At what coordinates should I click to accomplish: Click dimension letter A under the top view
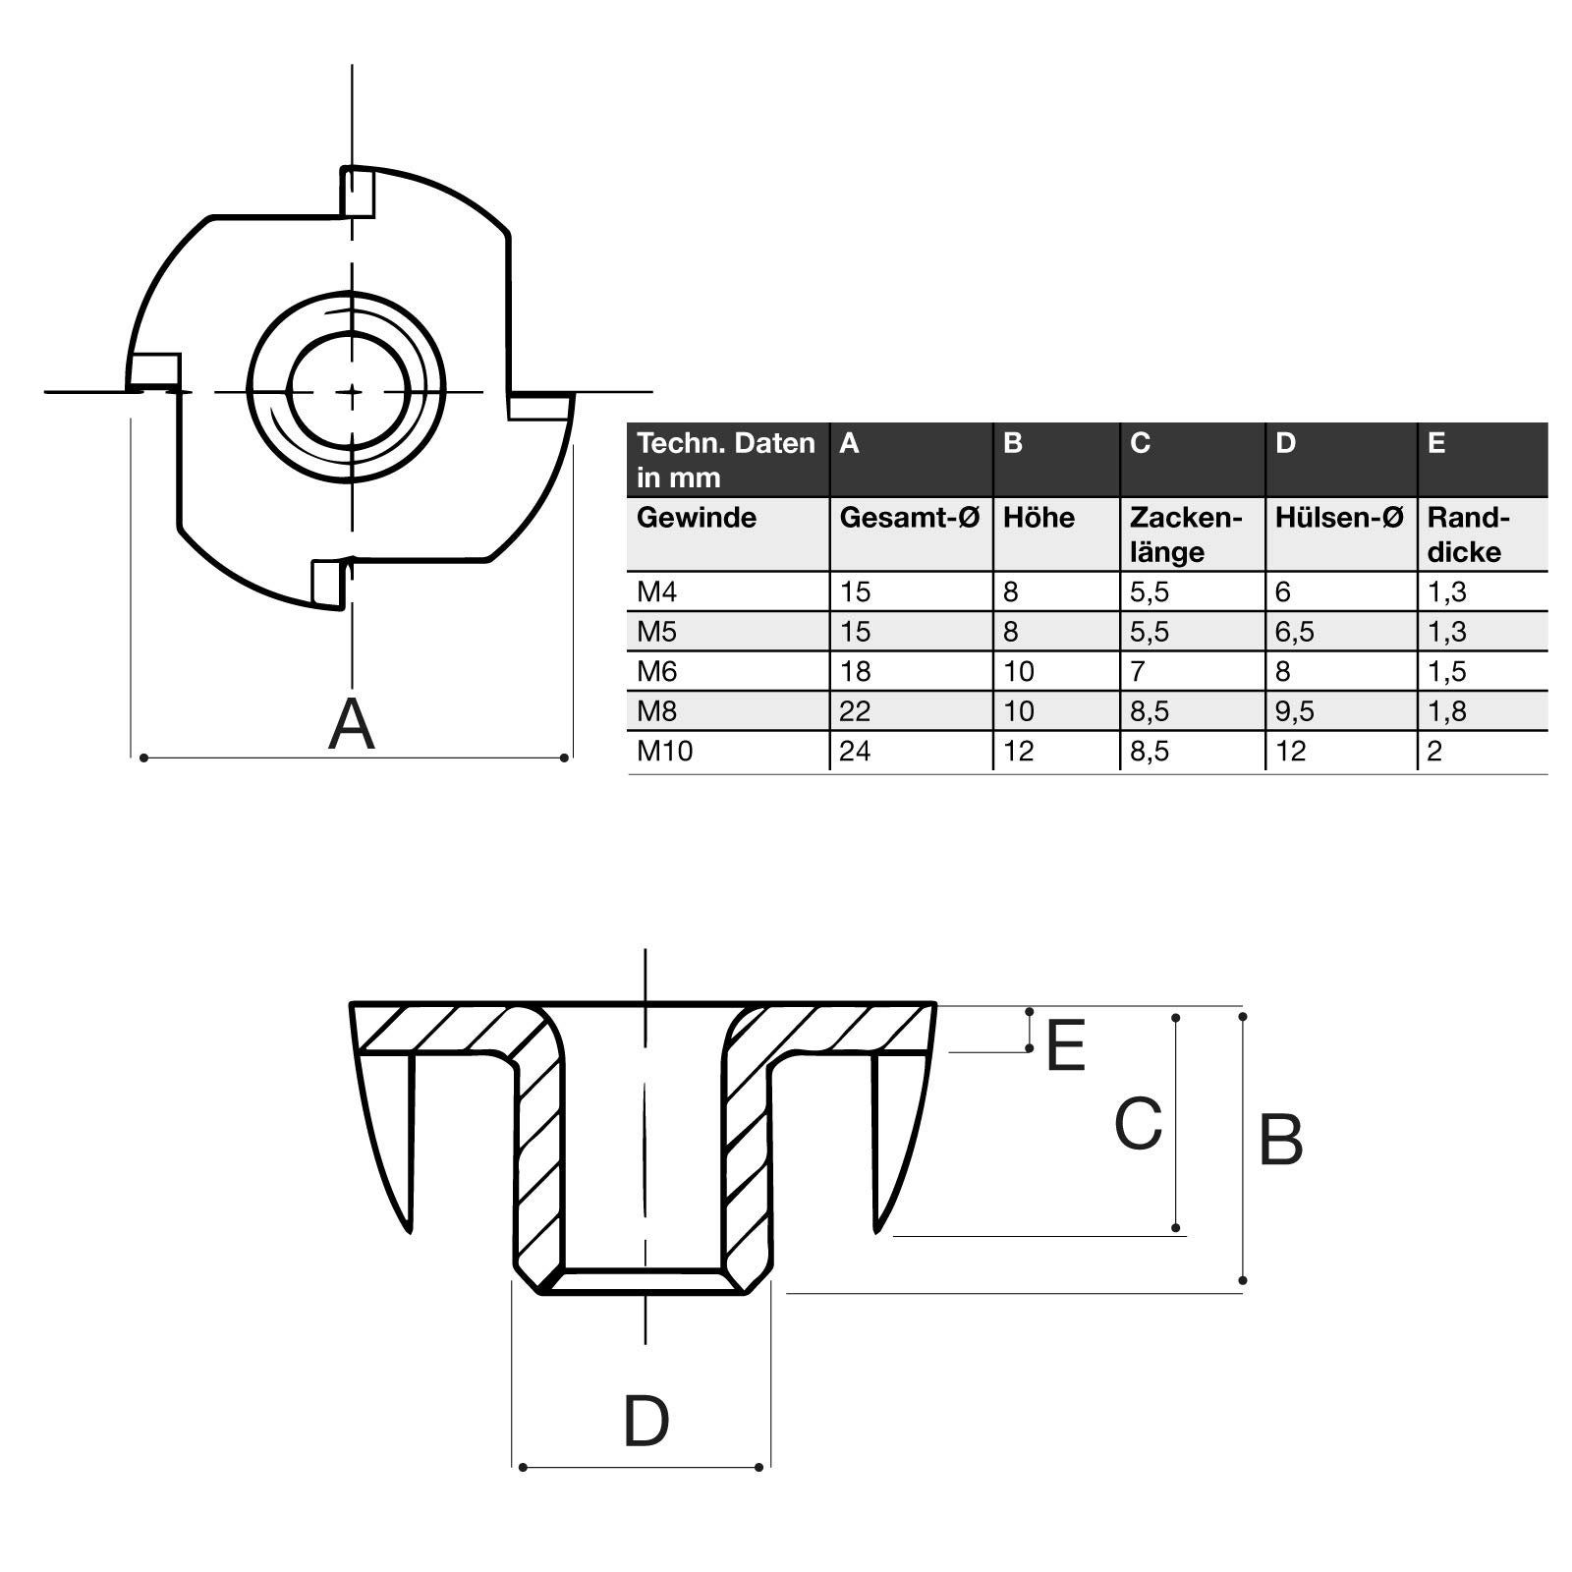tap(352, 724)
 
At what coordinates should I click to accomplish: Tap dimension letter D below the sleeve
tap(646, 1421)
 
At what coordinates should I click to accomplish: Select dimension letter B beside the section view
tap(1280, 1141)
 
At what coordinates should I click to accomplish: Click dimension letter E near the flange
tap(1065, 1045)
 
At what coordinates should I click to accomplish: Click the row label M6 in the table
tap(657, 672)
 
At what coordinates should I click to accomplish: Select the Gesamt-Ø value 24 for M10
tap(855, 752)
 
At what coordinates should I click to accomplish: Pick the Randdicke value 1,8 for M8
tap(1447, 711)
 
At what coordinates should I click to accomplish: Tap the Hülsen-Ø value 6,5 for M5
tap(1294, 632)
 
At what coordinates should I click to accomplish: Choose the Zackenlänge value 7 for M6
tap(1138, 672)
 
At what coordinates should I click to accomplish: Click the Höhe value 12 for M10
tap(1018, 752)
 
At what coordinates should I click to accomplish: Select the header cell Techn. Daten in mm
tap(725, 460)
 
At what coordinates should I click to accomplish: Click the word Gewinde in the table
tap(696, 518)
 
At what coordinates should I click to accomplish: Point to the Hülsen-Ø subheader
tap(1338, 518)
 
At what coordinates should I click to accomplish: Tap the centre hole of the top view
tap(350, 391)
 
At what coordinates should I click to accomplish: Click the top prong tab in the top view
tap(357, 191)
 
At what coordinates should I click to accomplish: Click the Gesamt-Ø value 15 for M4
tap(855, 592)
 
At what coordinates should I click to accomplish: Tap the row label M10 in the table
tap(664, 752)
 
